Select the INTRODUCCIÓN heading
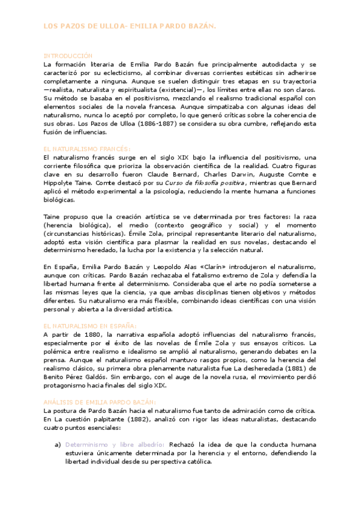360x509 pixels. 68,54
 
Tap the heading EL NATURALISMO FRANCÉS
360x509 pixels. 86,148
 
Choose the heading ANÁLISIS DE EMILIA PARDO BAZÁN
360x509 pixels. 100,384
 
